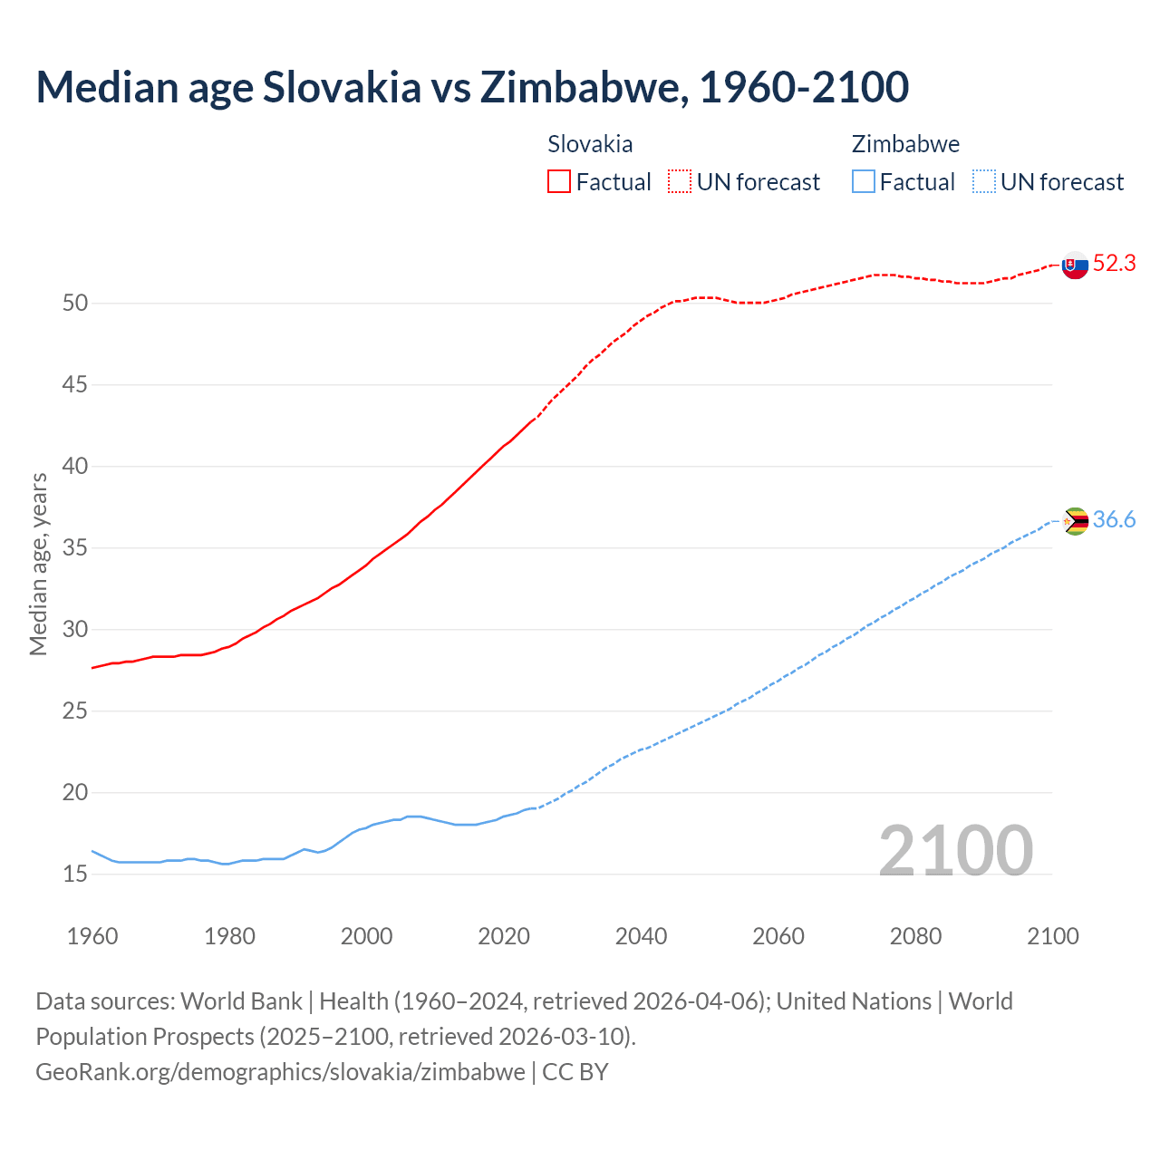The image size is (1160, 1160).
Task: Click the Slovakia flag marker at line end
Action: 1075,266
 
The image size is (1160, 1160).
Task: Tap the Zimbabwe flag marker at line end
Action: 1075,521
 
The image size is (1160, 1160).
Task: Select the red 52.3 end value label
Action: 1114,264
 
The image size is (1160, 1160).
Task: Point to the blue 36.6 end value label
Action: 1114,520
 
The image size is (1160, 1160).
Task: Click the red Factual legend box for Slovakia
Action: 559,182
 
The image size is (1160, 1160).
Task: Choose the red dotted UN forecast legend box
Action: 680,182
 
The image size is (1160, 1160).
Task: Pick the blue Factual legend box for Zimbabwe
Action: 864,182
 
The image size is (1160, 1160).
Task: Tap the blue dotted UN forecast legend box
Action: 984,182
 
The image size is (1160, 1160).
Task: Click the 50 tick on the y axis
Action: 75,304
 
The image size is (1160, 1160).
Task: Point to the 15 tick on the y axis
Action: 75,875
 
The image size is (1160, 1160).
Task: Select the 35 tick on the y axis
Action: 75,548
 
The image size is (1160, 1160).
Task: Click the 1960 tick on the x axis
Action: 92,936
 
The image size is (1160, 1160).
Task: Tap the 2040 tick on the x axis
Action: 642,936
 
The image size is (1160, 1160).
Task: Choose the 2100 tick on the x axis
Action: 1053,936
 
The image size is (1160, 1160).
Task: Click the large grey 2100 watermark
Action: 955,850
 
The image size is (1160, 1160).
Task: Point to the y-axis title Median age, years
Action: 38,564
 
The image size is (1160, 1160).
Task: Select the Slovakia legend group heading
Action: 590,144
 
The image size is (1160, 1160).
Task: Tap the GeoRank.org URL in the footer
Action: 280,1072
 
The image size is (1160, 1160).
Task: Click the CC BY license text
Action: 575,1072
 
